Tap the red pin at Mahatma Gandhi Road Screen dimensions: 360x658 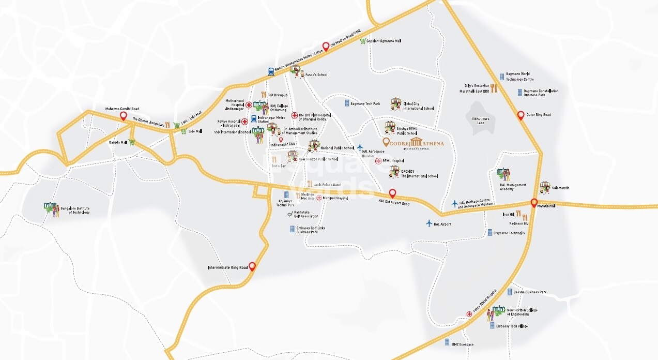[x=123, y=116]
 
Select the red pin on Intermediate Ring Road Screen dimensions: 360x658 [x=252, y=266]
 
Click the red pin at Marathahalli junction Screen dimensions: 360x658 [x=534, y=203]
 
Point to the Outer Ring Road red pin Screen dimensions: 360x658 [x=521, y=115]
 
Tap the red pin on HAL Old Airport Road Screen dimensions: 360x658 [x=392, y=193]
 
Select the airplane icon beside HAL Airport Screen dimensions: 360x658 [x=429, y=223]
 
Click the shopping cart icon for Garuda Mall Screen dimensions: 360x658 [x=132, y=142]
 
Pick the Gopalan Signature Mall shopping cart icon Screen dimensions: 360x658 [x=363, y=41]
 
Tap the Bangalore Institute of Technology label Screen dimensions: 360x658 [x=75, y=210]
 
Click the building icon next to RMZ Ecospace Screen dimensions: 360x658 [x=447, y=342]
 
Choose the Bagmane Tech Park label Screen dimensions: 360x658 [x=365, y=103]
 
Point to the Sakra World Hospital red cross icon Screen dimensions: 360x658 [x=469, y=314]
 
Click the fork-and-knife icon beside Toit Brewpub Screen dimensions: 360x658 [x=264, y=95]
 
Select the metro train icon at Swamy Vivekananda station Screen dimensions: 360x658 [x=271, y=72]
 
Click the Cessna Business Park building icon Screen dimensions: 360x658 [x=510, y=292]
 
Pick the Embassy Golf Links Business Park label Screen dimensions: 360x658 [x=311, y=230]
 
